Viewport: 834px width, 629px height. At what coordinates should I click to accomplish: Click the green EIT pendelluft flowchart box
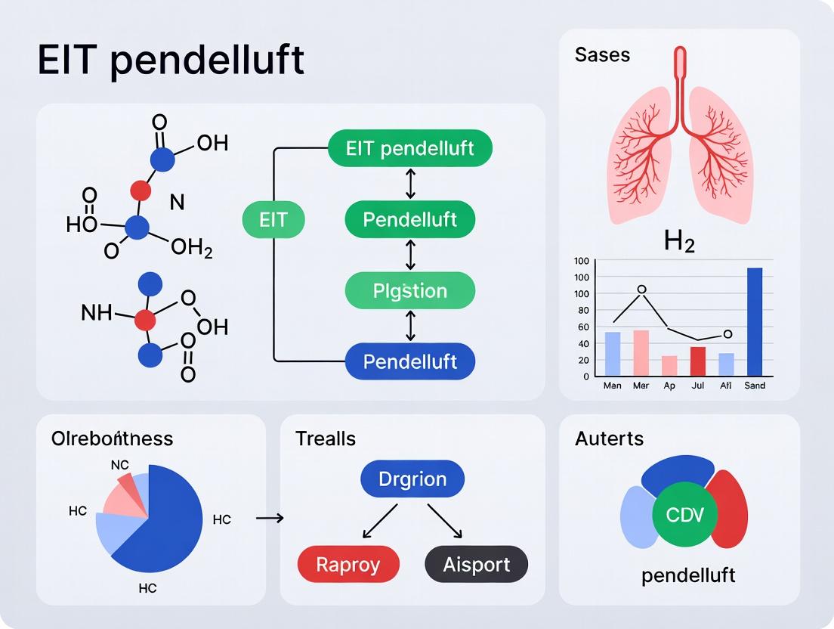pyautogui.click(x=410, y=148)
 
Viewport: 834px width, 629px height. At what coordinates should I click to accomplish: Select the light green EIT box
pyautogui.click(x=273, y=220)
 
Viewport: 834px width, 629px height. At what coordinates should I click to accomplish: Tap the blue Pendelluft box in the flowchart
pyautogui.click(x=410, y=361)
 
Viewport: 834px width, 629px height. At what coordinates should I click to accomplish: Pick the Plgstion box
pyautogui.click(x=410, y=291)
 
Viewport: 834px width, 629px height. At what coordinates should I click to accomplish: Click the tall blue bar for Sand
pyautogui.click(x=754, y=321)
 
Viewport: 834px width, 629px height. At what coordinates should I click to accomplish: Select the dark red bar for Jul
pyautogui.click(x=698, y=361)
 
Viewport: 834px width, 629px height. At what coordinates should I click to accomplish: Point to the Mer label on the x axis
pyautogui.click(x=641, y=386)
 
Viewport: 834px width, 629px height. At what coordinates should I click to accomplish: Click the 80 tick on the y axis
pyautogui.click(x=582, y=310)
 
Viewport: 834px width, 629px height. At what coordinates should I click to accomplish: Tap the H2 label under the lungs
pyautogui.click(x=679, y=241)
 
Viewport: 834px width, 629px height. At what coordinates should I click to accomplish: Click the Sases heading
pyautogui.click(x=602, y=54)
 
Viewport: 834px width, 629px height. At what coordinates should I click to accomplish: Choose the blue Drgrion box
pyautogui.click(x=412, y=479)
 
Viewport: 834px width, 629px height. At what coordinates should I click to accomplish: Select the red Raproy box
pyautogui.click(x=348, y=564)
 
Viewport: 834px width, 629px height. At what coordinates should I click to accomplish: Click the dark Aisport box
pyautogui.click(x=476, y=564)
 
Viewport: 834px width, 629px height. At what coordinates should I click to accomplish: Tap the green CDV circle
pyautogui.click(x=685, y=516)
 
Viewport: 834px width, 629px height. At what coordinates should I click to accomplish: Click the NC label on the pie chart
pyautogui.click(x=119, y=465)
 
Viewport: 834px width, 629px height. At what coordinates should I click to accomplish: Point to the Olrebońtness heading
pyautogui.click(x=112, y=438)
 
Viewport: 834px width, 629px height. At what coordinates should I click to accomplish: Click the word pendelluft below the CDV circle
pyautogui.click(x=687, y=575)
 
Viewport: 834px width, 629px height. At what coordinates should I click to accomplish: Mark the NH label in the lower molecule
pyautogui.click(x=96, y=312)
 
